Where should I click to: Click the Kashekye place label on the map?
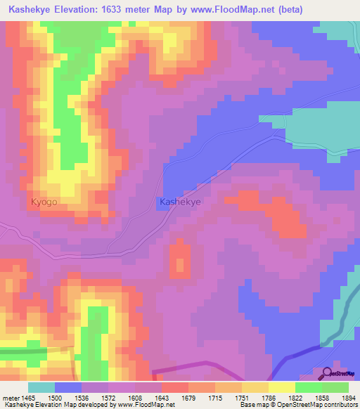pos(180,202)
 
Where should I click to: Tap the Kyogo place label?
pos(44,202)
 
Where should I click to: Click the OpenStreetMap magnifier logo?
pos(327,373)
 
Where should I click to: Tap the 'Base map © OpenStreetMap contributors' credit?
pos(297,405)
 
